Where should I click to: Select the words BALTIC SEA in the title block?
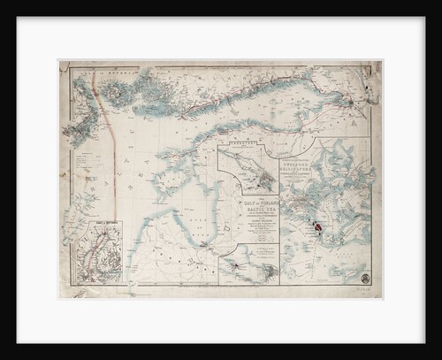pyautogui.click(x=249, y=212)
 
